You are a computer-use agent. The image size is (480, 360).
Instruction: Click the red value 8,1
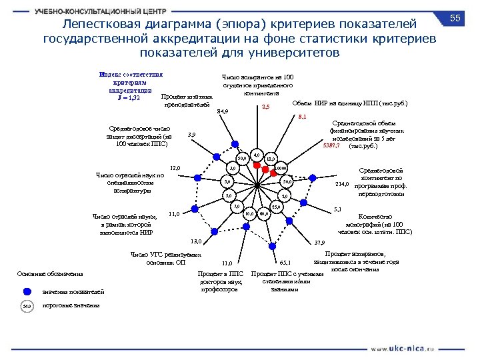coord(302,117)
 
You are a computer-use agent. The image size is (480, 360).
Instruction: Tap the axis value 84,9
coord(223,111)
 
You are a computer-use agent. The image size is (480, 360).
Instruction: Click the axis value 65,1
coord(285,263)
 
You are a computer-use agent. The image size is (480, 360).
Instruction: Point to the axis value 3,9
coord(191,135)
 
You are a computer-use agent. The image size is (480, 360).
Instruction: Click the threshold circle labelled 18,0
coord(270,159)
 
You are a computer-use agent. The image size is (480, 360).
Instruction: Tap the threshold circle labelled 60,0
coord(264,214)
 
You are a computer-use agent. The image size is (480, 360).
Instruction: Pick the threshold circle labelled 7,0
coord(236,207)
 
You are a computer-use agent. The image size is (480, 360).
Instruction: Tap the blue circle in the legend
coord(27,291)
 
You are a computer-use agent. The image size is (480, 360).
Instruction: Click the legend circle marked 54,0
coord(27,306)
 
